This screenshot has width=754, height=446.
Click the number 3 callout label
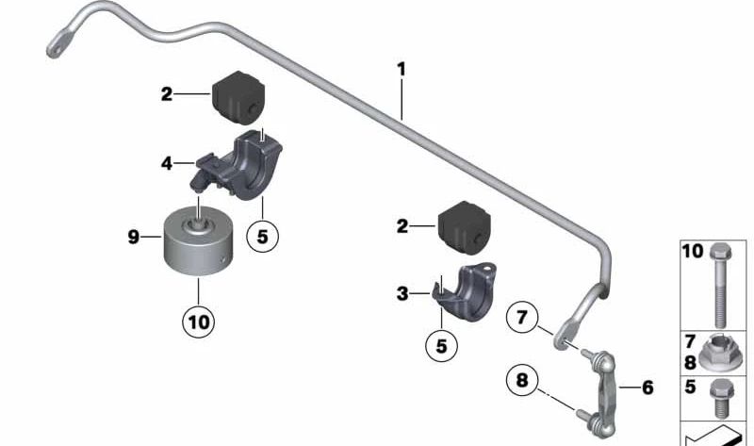402,294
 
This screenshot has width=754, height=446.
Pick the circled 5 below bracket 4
262,237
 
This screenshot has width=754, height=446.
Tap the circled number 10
199,320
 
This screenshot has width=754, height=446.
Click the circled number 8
524,382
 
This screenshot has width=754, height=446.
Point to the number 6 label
647,387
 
